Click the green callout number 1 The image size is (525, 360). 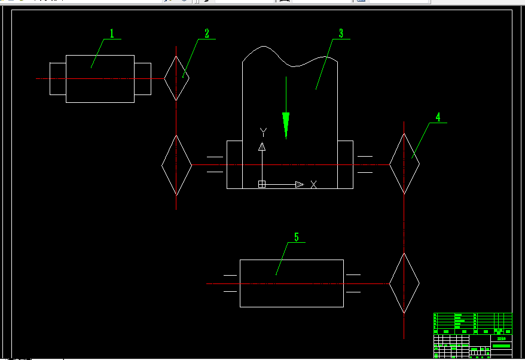pos(111,33)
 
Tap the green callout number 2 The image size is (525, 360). pos(207,33)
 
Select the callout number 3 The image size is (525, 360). pos(341,33)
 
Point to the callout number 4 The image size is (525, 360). pos(438,117)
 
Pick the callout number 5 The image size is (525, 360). pos(296,237)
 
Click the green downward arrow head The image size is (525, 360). pos(286,126)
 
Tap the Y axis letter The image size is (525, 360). pos(262,132)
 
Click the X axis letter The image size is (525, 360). pos(313,184)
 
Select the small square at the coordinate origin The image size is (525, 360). pos(261,184)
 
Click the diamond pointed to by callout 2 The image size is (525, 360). pos(176,78)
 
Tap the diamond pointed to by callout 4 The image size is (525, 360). pos(404,164)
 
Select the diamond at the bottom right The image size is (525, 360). pos(404,283)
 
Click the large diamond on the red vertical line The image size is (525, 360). pos(176,165)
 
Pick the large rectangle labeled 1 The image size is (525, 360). pos(100,78)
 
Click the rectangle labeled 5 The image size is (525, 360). pos(291,283)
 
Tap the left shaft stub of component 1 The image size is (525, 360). pos(57,78)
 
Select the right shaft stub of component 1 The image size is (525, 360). pos(142,78)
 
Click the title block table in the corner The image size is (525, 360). pos(472,334)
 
